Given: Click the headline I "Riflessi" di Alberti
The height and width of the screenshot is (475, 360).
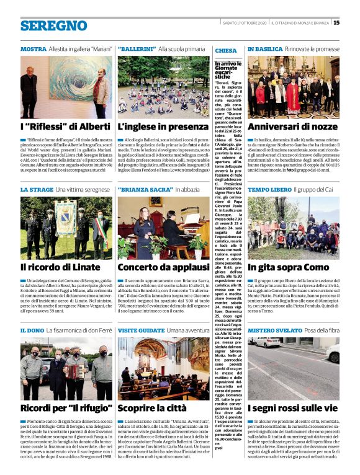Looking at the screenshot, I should click(57, 127).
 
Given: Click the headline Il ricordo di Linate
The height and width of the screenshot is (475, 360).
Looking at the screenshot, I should click(60, 267).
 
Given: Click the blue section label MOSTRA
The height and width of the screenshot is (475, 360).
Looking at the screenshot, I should click(34, 48).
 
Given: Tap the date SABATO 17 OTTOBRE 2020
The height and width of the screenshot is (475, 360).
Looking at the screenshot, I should click(245, 22).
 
